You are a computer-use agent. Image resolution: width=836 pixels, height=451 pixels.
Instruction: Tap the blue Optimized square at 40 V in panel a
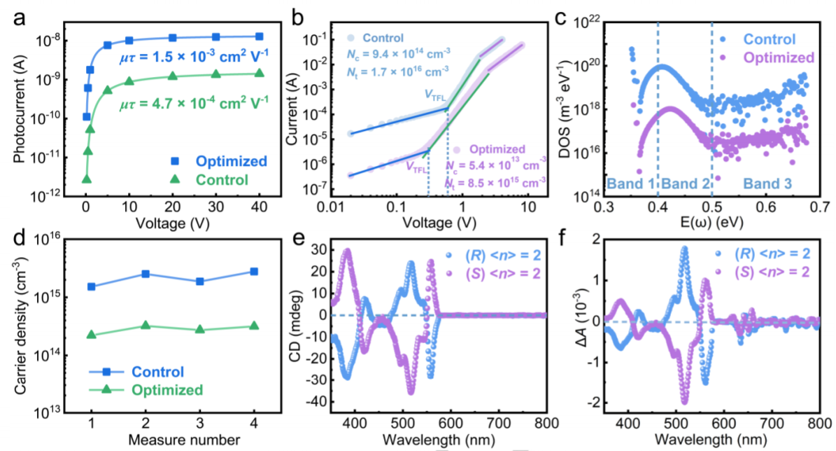[x=259, y=36]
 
